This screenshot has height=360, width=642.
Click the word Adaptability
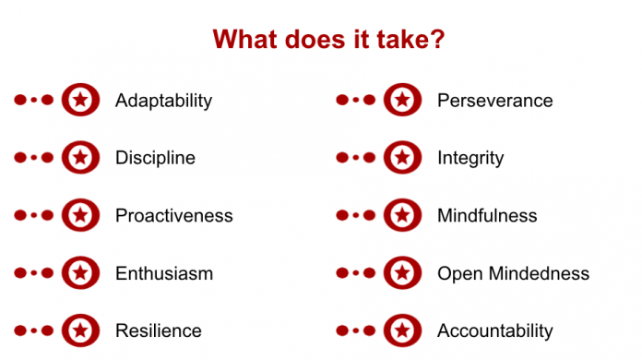coord(163,101)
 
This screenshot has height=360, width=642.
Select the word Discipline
coord(155,158)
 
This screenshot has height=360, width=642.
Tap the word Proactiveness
coord(173,216)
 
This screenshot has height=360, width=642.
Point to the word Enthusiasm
coord(163,273)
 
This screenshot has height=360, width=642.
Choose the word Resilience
coord(158,330)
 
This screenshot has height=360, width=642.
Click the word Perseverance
coord(494,101)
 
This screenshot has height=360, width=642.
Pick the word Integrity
coord(470,158)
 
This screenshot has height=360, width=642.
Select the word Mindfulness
coord(487,216)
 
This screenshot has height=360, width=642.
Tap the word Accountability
coord(494,330)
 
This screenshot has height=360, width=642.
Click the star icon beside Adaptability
coord(80,100)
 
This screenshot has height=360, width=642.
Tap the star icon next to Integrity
coord(402,158)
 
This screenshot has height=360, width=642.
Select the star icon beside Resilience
coord(80,330)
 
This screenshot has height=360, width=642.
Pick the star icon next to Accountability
coord(402,330)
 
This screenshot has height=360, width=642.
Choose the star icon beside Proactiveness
coord(80,215)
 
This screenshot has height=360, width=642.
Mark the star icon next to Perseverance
coord(402,100)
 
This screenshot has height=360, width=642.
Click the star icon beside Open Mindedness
coord(402,272)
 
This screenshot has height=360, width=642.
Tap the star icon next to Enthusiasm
coord(80,272)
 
